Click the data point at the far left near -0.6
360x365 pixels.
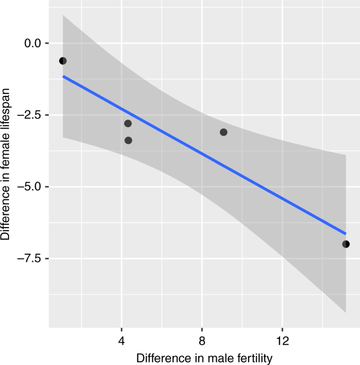coord(63,61)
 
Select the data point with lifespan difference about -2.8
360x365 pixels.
coord(128,124)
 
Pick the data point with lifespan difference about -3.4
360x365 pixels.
coord(128,141)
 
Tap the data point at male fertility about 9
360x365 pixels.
coord(224,132)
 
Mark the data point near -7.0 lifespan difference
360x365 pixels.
coord(346,244)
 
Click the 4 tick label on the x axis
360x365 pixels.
coord(122,340)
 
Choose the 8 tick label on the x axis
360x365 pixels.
coord(202,340)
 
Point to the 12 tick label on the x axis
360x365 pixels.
coord(282,340)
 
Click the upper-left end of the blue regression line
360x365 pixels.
coord(63,76)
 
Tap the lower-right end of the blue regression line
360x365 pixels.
coord(346,233)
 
